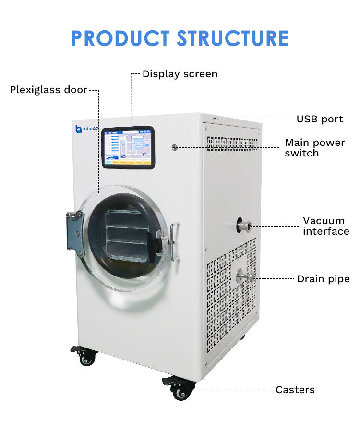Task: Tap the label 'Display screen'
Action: click(180, 74)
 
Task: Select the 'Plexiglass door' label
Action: click(48, 90)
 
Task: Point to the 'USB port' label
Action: click(319, 119)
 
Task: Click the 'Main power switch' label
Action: click(315, 148)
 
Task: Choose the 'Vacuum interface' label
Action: click(326, 226)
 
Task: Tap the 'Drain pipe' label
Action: click(324, 279)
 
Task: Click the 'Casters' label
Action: click(295, 390)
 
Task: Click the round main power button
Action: click(175, 146)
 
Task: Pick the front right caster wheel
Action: click(181, 391)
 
